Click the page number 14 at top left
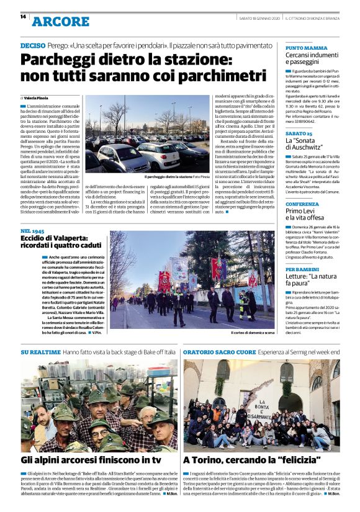click(22, 17)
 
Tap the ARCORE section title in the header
click(60, 22)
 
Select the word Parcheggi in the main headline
click(57, 61)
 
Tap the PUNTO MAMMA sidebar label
click(306, 48)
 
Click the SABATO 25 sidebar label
click(299, 133)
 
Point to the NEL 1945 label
click(32, 231)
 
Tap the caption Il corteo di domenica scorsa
click(252, 333)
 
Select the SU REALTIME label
click(40, 352)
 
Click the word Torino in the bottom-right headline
click(211, 460)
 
